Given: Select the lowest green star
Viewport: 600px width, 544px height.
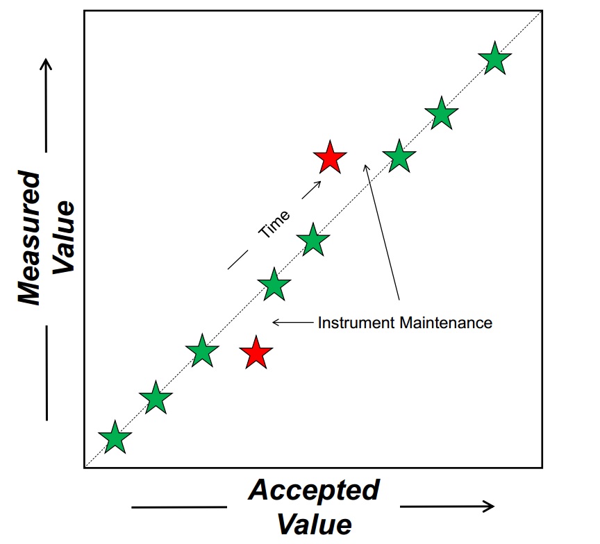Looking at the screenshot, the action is [x=115, y=439].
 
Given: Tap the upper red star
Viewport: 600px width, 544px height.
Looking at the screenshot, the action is [x=330, y=158].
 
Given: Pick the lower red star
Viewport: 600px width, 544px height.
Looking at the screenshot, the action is [x=256, y=353].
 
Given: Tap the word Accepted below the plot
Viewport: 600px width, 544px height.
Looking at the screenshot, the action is [x=314, y=490].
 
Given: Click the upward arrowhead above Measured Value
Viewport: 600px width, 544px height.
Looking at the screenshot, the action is [x=47, y=64].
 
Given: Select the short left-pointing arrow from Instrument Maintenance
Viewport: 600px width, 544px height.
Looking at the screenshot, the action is [x=292, y=322].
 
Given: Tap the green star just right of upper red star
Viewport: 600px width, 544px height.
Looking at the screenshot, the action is [x=399, y=157].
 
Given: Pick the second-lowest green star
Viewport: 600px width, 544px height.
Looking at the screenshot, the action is [x=156, y=398].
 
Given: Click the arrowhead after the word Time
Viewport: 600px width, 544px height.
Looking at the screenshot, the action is [x=318, y=182].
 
